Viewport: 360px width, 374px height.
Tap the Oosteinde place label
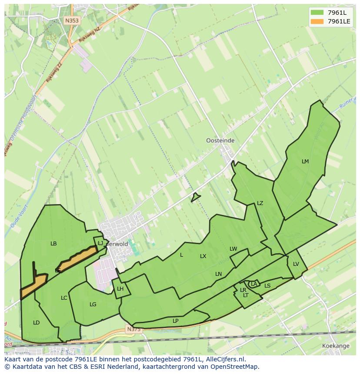click(220, 141)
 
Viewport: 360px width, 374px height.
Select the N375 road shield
click(134, 330)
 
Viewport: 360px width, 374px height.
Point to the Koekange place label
click(336, 346)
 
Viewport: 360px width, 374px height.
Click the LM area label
click(305, 162)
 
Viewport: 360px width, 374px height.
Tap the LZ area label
click(260, 203)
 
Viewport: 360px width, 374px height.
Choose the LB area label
click(53, 244)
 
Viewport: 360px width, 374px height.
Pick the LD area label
click(37, 323)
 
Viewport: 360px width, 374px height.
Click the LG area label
click(93, 304)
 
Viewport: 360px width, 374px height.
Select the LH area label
click(120, 289)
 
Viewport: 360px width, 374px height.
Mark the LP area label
click(176, 321)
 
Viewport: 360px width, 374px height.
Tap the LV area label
click(296, 264)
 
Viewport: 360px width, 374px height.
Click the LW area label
click(233, 249)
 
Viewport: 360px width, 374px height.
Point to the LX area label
click(203, 256)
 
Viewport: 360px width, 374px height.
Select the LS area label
click(267, 286)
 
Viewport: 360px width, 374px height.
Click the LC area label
click(64, 298)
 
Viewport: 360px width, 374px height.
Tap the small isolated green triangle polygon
click(195, 198)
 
